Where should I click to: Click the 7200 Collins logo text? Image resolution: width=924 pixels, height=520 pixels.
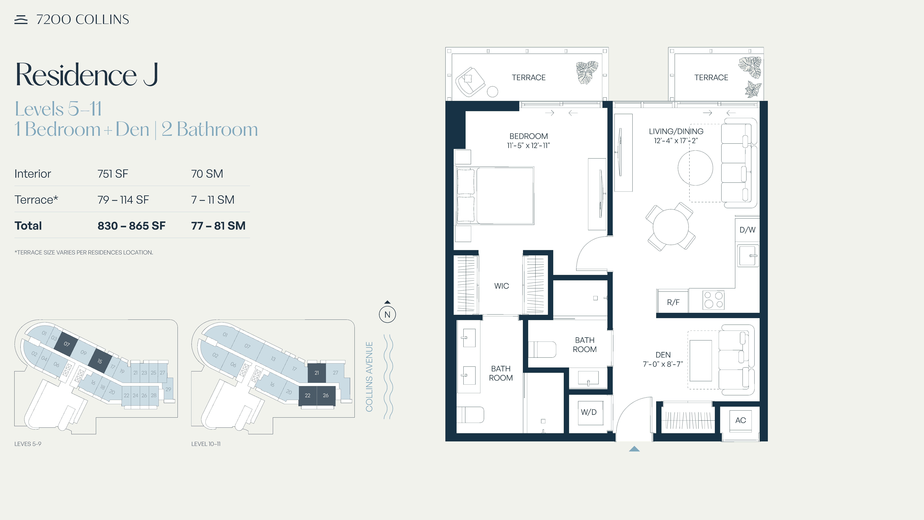82,19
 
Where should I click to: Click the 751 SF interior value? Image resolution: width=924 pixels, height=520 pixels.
113,174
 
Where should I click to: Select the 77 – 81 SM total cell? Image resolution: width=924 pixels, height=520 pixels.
218,226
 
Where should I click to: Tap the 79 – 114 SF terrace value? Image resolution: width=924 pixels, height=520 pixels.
123,200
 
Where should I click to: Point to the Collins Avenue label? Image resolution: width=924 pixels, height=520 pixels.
369,377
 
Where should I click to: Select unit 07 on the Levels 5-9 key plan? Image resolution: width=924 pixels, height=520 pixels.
66,344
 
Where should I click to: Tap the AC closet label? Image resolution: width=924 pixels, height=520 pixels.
740,420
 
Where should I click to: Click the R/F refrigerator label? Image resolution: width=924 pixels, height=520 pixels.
673,302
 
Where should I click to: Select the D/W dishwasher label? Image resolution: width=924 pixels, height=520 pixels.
748,230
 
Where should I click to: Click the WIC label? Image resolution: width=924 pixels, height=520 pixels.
502,286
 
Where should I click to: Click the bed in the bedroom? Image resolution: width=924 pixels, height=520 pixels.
495,196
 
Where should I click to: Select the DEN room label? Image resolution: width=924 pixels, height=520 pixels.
663,355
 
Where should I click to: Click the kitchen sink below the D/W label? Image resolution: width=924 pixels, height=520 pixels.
748,255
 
